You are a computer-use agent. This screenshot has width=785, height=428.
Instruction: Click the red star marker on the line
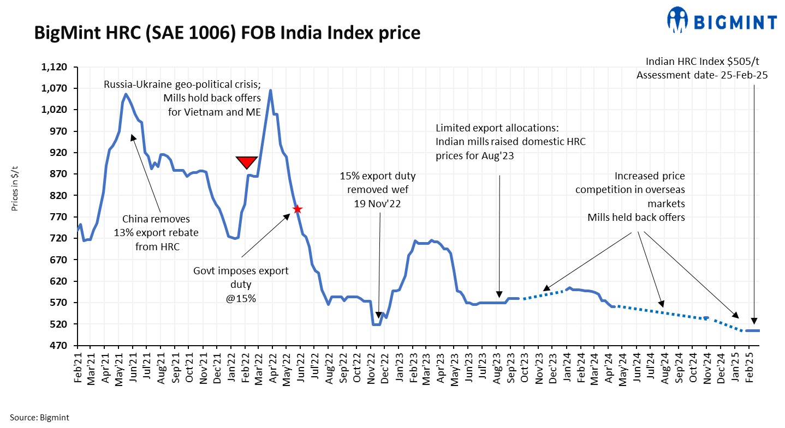pyautogui.click(x=298, y=209)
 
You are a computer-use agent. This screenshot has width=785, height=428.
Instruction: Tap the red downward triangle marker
pyautogui.click(x=246, y=162)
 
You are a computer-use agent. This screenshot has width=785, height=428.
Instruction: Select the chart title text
pyautogui.click(x=227, y=33)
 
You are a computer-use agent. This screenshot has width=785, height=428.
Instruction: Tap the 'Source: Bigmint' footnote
pyautogui.click(x=39, y=418)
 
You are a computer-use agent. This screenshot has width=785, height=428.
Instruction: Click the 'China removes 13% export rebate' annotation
pyautogui.click(x=156, y=233)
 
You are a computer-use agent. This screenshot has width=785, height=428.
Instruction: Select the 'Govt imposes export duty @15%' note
pyautogui.click(x=241, y=284)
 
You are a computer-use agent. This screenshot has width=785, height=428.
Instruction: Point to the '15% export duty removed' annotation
pyautogui.click(x=377, y=188)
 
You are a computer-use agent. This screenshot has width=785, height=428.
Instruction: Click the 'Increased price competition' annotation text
pyautogui.click(x=630, y=196)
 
